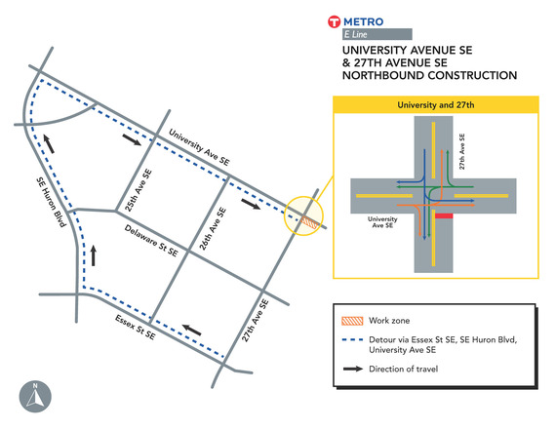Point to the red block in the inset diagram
445,215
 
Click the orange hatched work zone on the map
308,222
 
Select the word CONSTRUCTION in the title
464,75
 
